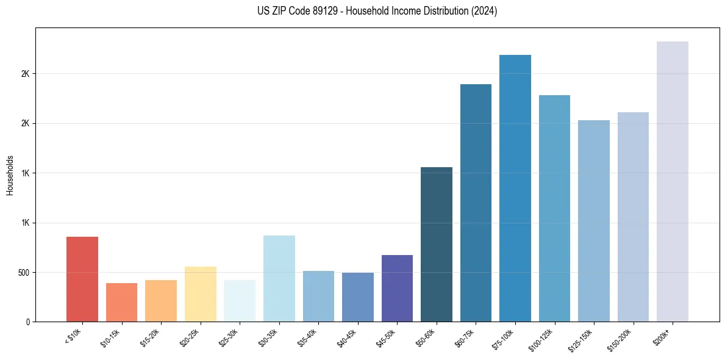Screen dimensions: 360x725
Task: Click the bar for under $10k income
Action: tap(82, 279)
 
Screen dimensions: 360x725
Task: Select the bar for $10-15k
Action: tap(121, 302)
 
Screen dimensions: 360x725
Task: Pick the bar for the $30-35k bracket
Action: tap(279, 278)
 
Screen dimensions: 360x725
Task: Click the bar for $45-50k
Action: tap(397, 288)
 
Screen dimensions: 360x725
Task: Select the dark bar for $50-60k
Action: tap(437, 244)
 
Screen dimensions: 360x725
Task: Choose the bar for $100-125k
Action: tap(554, 208)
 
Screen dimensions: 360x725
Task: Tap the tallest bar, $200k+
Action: tap(673, 181)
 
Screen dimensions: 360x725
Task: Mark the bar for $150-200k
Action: tap(633, 217)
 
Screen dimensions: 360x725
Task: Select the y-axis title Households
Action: tap(10, 175)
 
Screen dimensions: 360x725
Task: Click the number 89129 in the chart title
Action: tap(323, 11)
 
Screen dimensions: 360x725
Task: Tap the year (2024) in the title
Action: tap(484, 11)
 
